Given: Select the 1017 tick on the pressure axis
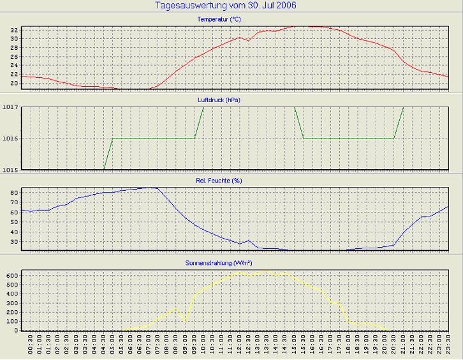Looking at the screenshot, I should [x=11, y=107].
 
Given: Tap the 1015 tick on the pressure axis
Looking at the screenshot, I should [x=11, y=170].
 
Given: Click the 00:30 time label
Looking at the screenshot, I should [x=31, y=347].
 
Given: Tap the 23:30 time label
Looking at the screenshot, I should [x=448, y=347].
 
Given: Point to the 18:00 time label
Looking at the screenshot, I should [x=348, y=347].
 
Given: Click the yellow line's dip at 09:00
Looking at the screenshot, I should [x=186, y=320].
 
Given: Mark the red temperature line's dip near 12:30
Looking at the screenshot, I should [x=249, y=41].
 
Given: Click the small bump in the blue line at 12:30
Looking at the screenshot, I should [x=249, y=240].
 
